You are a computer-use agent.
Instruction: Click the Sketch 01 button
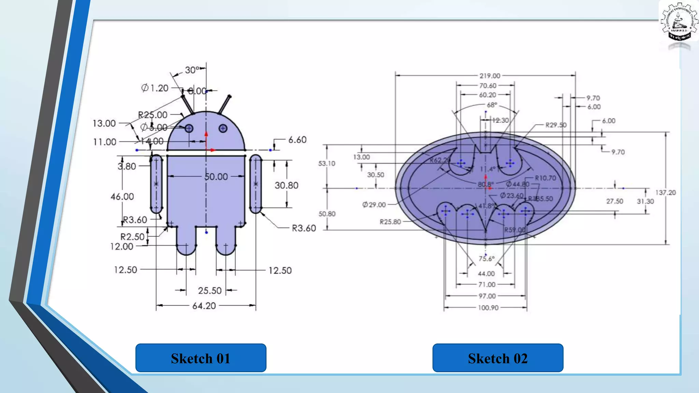click(201, 358)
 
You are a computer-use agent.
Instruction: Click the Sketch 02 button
click(498, 358)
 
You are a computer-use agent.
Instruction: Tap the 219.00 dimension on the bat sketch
click(489, 76)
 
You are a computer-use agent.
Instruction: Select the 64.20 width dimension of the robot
click(204, 306)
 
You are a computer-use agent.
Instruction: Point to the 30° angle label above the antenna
click(192, 70)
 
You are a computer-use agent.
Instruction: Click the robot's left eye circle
click(189, 129)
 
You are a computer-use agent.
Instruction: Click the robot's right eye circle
click(223, 128)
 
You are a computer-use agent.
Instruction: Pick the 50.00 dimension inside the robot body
click(216, 177)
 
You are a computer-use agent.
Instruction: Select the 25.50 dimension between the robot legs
click(210, 291)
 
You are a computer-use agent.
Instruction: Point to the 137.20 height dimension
click(665, 192)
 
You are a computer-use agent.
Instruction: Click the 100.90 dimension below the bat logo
click(488, 308)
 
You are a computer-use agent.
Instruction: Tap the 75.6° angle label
click(486, 259)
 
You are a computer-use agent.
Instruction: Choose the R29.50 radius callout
click(556, 125)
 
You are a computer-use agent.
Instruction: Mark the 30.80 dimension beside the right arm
click(286, 185)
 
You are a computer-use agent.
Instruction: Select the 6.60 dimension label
click(297, 140)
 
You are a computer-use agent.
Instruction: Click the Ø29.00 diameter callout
click(374, 205)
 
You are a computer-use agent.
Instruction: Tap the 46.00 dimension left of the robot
click(122, 196)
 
